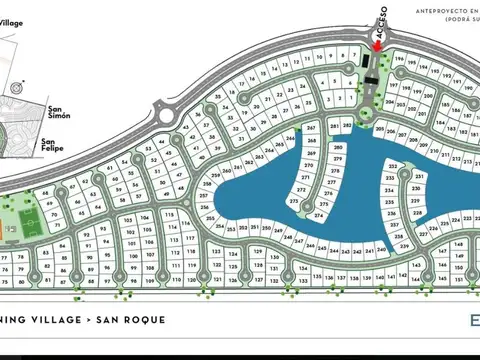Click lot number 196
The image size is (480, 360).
click(386, 60)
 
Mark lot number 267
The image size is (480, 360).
click(311, 129)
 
